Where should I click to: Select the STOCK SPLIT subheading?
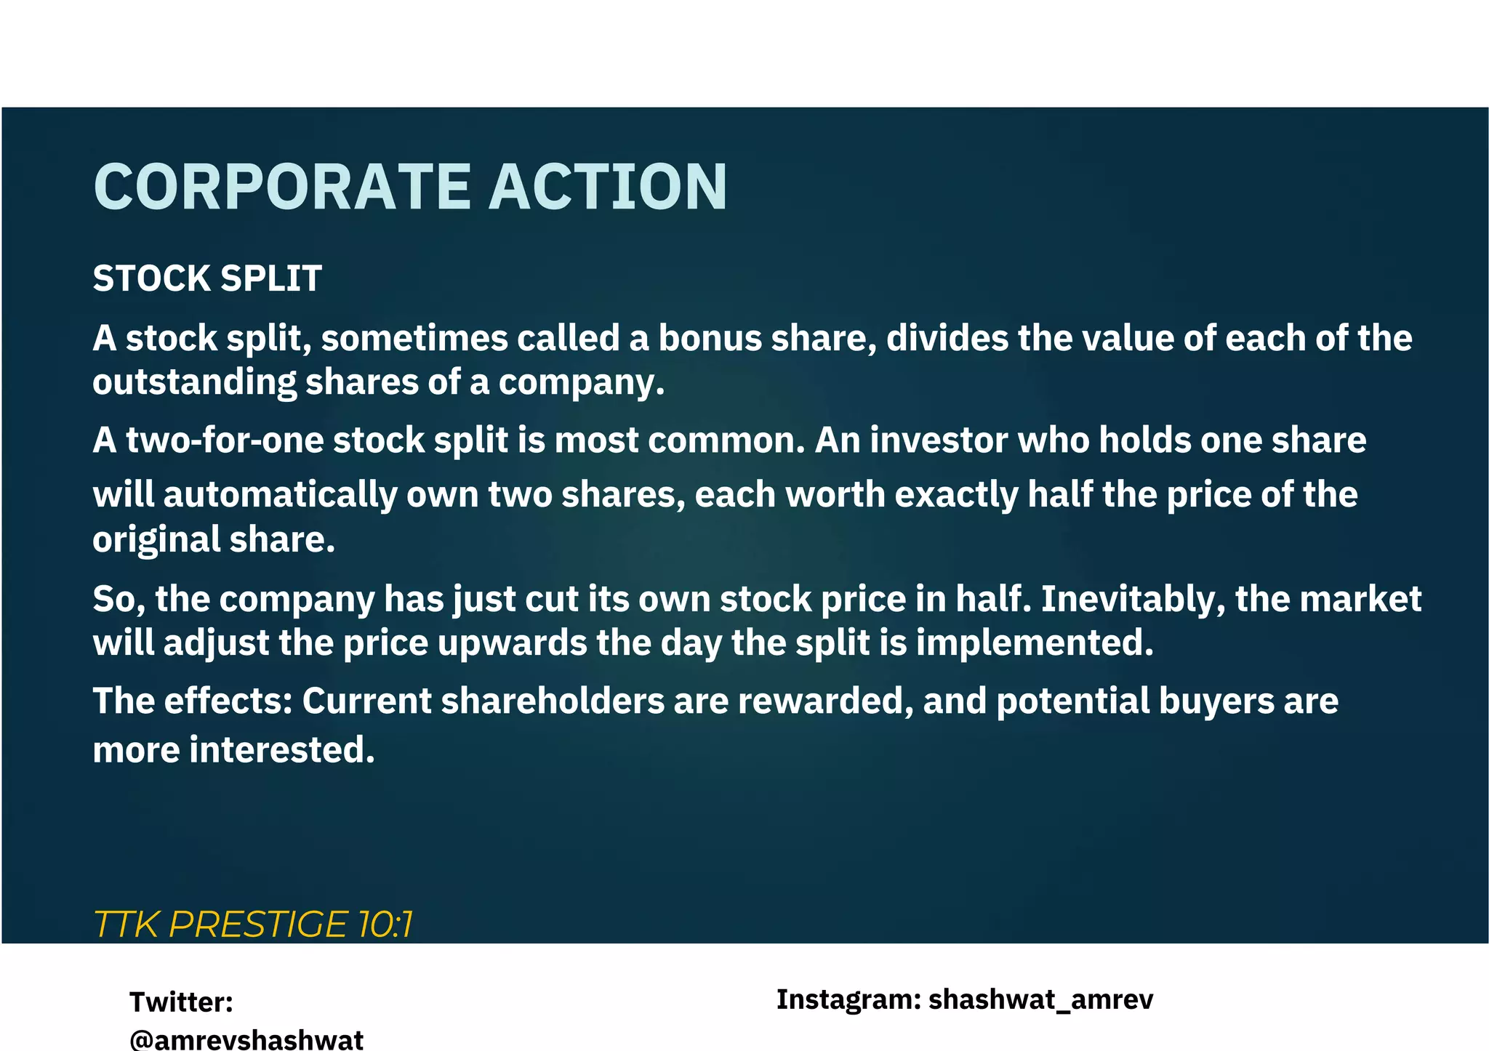pyautogui.click(x=207, y=278)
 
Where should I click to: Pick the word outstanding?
pyautogui.click(x=194, y=383)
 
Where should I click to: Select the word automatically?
pyautogui.click(x=280, y=496)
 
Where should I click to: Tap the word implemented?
pyautogui.click(x=1034, y=643)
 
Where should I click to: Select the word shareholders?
pyautogui.click(x=553, y=701)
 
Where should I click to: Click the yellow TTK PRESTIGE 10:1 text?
pyautogui.click(x=253, y=925)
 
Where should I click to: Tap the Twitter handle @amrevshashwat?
pyautogui.click(x=246, y=1039)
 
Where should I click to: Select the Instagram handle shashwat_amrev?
pyautogui.click(x=1040, y=1000)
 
